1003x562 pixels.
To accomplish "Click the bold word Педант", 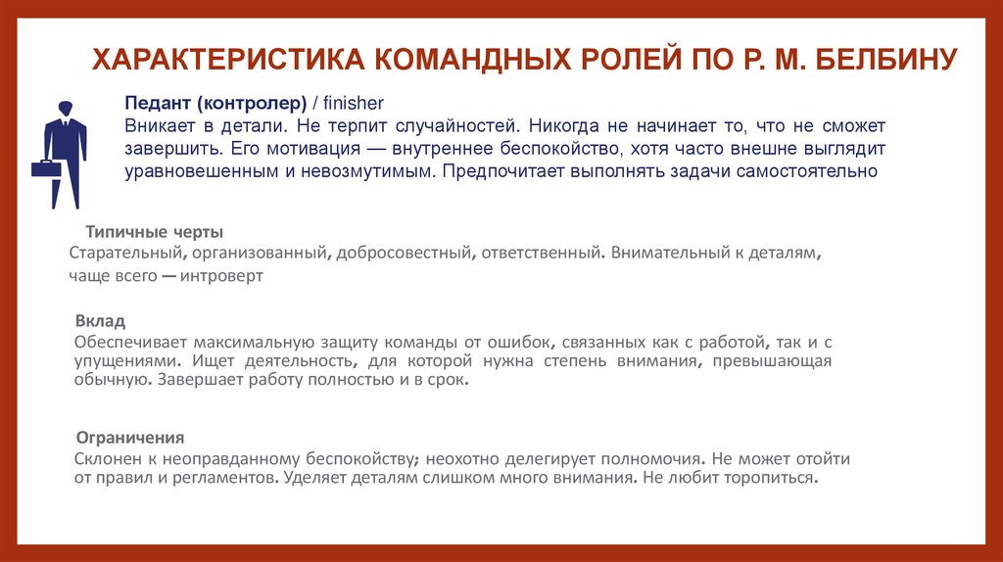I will click(x=158, y=104).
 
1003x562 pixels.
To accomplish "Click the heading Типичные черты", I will click(x=155, y=232).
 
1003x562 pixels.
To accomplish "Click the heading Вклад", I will click(x=100, y=321).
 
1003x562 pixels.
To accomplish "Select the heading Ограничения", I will click(x=130, y=437).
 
